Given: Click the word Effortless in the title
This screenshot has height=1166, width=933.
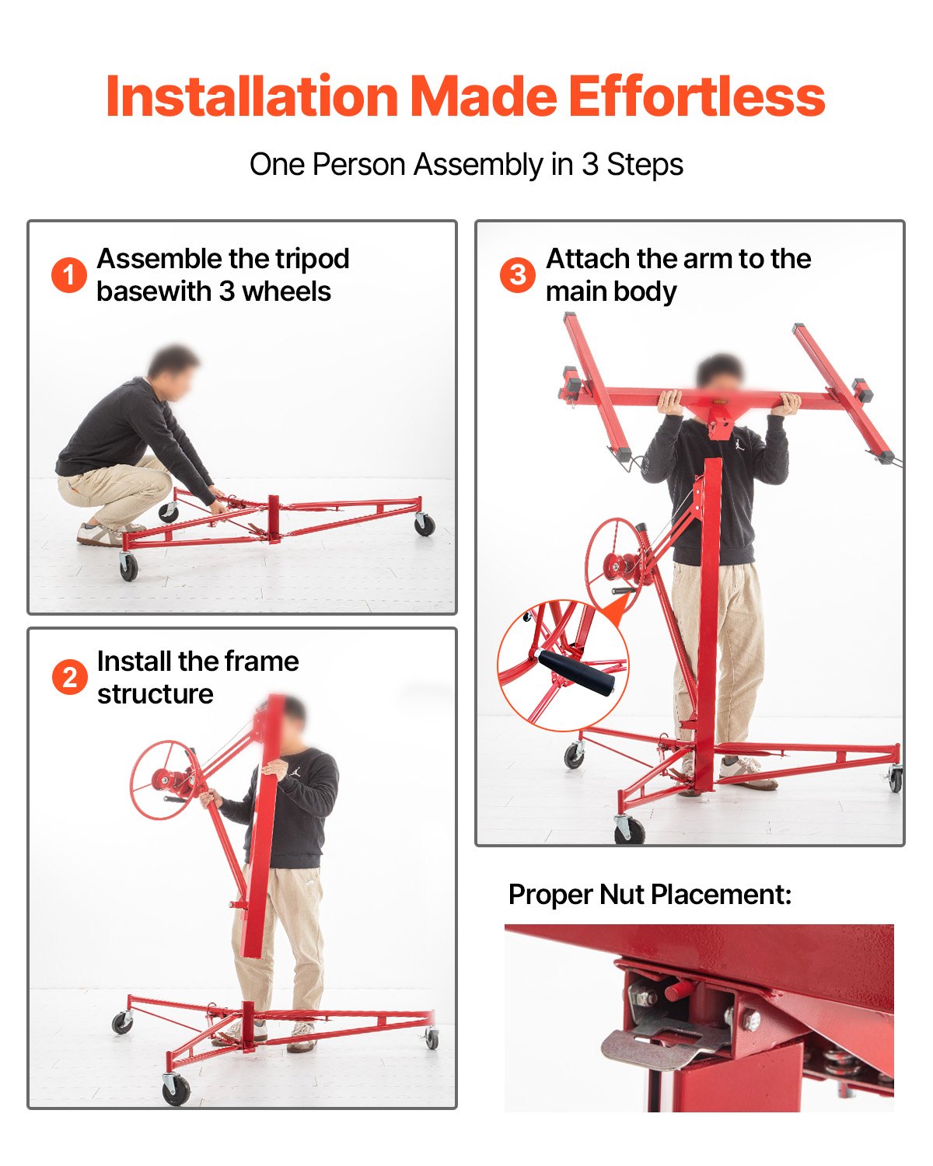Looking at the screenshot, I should [696, 97].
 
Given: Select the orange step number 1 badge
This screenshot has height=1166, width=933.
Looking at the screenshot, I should [68, 275].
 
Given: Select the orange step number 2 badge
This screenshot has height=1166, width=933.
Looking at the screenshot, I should [69, 677].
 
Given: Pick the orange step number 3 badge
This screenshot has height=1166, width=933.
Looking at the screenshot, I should [517, 275].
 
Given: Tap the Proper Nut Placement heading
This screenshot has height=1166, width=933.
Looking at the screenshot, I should [649, 895].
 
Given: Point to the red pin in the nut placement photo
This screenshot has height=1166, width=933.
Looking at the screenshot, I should [679, 990].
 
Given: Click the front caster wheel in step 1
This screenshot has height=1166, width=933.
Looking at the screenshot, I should [128, 567].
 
